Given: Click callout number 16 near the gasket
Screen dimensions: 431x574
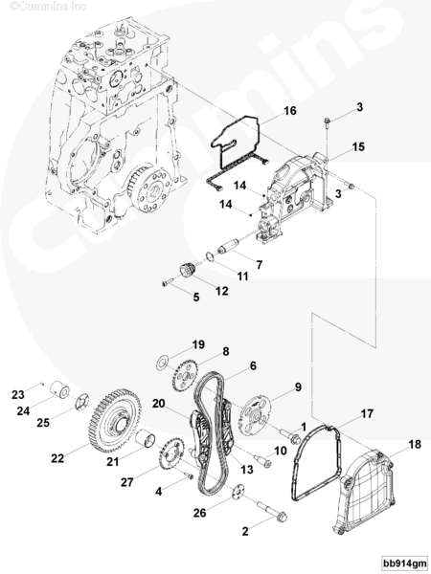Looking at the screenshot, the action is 290,111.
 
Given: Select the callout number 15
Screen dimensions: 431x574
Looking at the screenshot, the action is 358,146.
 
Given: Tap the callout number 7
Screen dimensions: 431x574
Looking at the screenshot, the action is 260,265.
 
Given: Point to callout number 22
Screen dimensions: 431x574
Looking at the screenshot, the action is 57,458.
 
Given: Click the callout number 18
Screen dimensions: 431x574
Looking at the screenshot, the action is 415,445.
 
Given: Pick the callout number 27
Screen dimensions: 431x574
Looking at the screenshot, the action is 126,482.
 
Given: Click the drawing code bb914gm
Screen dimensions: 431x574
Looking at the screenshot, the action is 404,563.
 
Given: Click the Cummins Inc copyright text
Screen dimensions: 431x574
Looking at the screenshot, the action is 48,7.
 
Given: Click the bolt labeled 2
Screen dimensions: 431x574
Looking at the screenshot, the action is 272,511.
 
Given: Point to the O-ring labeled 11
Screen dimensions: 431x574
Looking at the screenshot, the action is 209,256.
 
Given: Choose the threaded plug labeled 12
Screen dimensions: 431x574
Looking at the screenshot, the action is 188,272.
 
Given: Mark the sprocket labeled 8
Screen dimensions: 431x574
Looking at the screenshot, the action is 185,376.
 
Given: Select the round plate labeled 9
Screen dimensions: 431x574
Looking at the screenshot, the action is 255,417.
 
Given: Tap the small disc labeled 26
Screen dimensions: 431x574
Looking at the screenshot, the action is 238,492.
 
